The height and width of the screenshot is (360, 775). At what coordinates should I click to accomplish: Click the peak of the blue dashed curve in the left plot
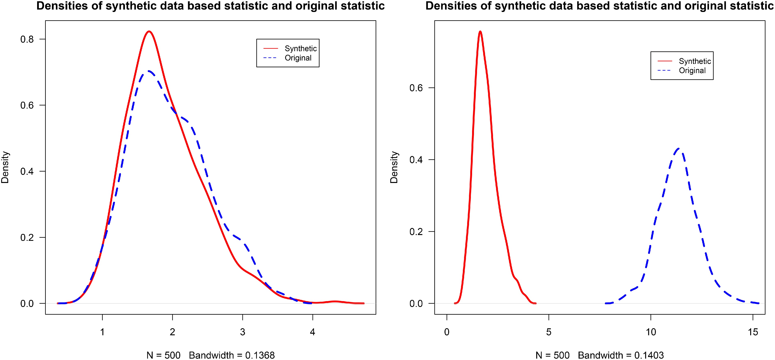149,71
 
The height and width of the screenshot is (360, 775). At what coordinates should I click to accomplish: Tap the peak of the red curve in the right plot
480,31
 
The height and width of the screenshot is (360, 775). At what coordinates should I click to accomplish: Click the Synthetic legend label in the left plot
301,48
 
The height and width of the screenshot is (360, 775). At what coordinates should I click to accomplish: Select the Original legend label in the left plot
298,58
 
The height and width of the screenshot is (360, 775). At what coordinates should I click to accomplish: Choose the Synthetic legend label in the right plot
695,61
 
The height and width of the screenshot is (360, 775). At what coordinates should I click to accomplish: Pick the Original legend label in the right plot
692,70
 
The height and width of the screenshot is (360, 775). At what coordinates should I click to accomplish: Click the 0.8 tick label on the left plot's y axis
27,39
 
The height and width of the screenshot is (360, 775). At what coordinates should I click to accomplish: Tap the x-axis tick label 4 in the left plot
313,332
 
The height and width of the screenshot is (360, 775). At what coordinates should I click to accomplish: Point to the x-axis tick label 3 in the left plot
242,332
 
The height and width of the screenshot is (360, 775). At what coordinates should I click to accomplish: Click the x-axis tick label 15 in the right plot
753,332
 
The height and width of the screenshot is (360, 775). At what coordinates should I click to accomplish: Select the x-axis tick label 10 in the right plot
651,332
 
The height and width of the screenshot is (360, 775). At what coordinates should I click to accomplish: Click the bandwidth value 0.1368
260,355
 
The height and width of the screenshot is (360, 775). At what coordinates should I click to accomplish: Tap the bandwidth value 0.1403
649,355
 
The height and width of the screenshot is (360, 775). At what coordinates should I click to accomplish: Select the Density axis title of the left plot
5,167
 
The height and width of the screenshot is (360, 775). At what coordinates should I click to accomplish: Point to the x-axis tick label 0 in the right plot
447,332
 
